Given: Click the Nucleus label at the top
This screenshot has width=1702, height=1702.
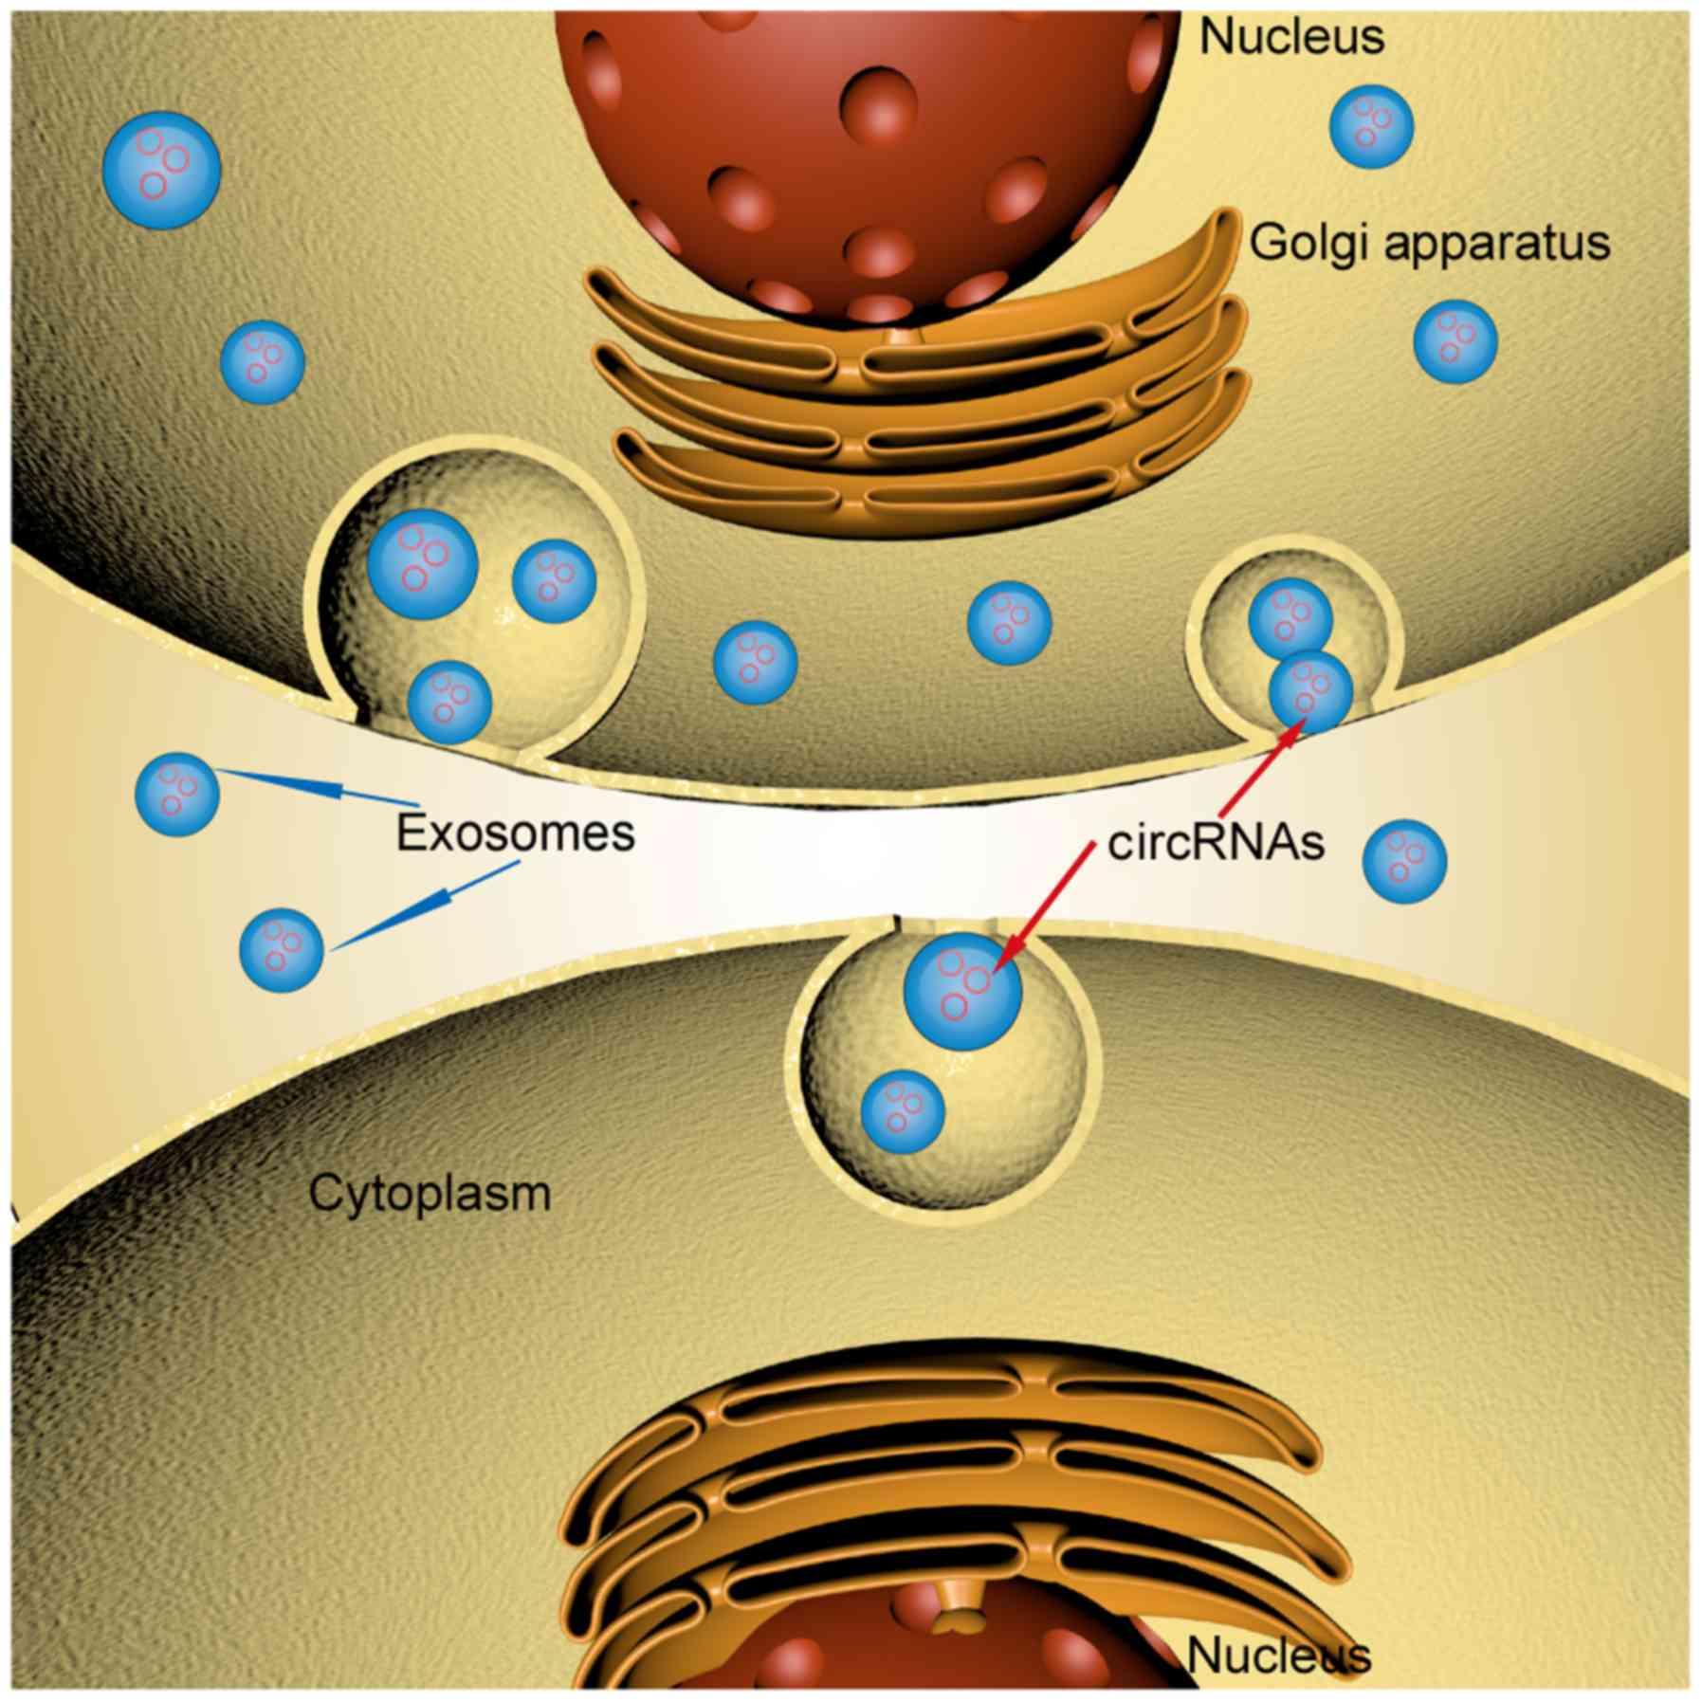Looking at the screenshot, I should point(1290,38).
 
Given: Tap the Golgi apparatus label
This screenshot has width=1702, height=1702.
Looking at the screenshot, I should point(1430,243).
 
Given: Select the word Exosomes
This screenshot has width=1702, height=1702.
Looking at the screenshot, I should point(515,833).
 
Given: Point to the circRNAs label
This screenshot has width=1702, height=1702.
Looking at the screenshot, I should point(1216,842).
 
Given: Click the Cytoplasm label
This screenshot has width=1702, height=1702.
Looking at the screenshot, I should point(430,1193).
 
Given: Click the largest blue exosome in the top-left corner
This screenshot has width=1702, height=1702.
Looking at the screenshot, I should point(161,169).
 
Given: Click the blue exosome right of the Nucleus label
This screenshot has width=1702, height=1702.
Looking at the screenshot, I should point(1371,126).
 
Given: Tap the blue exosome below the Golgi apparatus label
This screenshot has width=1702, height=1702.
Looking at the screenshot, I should point(1455,341).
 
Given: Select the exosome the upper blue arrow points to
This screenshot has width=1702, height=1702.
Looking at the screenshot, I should point(177,794).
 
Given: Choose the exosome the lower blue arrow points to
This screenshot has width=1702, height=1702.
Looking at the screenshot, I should point(281,949).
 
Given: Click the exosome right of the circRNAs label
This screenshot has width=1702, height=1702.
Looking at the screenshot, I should point(1404,861).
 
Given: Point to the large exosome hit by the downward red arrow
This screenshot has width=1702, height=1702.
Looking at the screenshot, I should point(962,992).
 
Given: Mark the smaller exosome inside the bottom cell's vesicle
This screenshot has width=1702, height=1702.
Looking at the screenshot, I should point(903,1112).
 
